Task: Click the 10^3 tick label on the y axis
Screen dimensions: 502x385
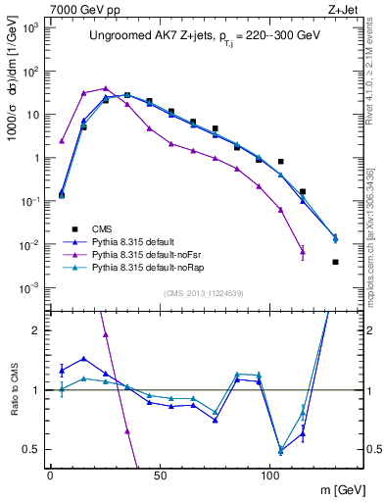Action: coord(29,27)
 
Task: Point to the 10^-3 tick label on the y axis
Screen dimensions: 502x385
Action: coord(29,287)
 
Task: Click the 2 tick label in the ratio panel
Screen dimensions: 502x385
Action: coord(35,330)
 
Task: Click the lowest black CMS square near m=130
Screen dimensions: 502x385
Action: coord(335,262)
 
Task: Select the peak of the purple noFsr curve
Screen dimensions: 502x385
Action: coord(105,88)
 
